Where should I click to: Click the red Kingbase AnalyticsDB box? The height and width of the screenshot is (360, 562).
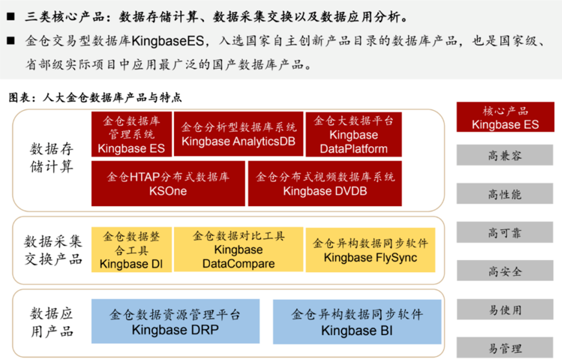(238, 134)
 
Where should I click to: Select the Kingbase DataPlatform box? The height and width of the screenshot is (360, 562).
(354, 134)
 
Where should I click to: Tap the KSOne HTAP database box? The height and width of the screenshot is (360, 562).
(168, 184)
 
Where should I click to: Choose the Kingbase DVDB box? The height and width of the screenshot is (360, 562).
(325, 184)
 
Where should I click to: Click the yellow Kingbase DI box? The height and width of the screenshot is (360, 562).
(132, 250)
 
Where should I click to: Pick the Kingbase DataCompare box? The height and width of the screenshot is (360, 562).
(238, 250)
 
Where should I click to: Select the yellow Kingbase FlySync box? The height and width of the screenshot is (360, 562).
(371, 250)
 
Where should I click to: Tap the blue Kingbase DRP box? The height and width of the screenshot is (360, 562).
(176, 321)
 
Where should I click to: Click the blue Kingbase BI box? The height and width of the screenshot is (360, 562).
(357, 322)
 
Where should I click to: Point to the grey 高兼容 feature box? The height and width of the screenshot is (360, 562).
(505, 155)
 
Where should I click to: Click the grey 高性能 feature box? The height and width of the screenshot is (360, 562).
(505, 194)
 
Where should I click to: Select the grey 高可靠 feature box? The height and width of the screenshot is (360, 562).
(505, 232)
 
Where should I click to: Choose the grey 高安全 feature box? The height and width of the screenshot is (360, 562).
(505, 271)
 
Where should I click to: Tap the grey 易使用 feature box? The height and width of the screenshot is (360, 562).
(505, 309)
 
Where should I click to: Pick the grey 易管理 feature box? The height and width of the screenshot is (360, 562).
(505, 348)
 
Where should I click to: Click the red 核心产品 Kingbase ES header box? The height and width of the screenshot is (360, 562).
(505, 117)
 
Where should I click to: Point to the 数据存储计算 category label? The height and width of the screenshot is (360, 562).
(52, 158)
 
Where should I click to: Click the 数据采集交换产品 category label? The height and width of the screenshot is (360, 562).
(53, 250)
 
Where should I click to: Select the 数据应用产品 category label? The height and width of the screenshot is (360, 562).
(52, 322)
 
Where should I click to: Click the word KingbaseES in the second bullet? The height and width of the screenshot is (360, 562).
(168, 41)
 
